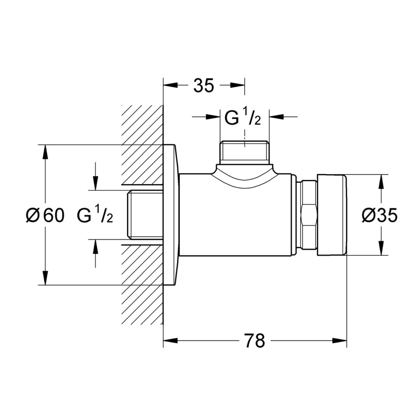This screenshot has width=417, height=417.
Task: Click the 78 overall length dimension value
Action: [255, 340]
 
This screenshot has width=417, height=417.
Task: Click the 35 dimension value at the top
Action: [203, 86]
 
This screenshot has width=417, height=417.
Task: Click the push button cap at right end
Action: [332, 215]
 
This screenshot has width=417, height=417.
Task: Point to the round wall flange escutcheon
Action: [171, 215]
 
